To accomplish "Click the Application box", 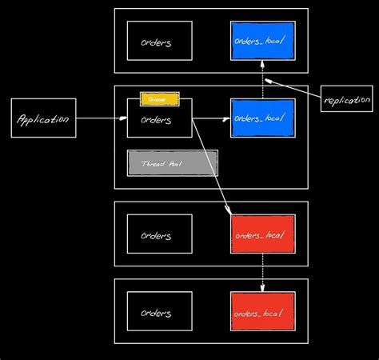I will [x=44, y=118].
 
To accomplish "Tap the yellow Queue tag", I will [x=159, y=98].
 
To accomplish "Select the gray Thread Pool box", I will [x=172, y=162].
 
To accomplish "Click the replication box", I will [x=346, y=99].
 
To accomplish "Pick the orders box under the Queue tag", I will [x=159, y=119].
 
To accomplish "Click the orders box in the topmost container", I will [x=159, y=42].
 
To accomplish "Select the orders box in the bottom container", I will [x=159, y=311].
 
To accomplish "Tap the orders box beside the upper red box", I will [x=159, y=234].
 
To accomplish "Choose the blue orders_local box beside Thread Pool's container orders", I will [x=262, y=118].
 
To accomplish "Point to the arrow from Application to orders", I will [x=102, y=118].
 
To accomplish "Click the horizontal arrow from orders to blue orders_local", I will [x=211, y=118].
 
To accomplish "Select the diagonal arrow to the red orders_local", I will [x=212, y=172].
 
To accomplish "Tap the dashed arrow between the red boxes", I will [x=263, y=272].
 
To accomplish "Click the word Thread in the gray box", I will [x=152, y=162].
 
